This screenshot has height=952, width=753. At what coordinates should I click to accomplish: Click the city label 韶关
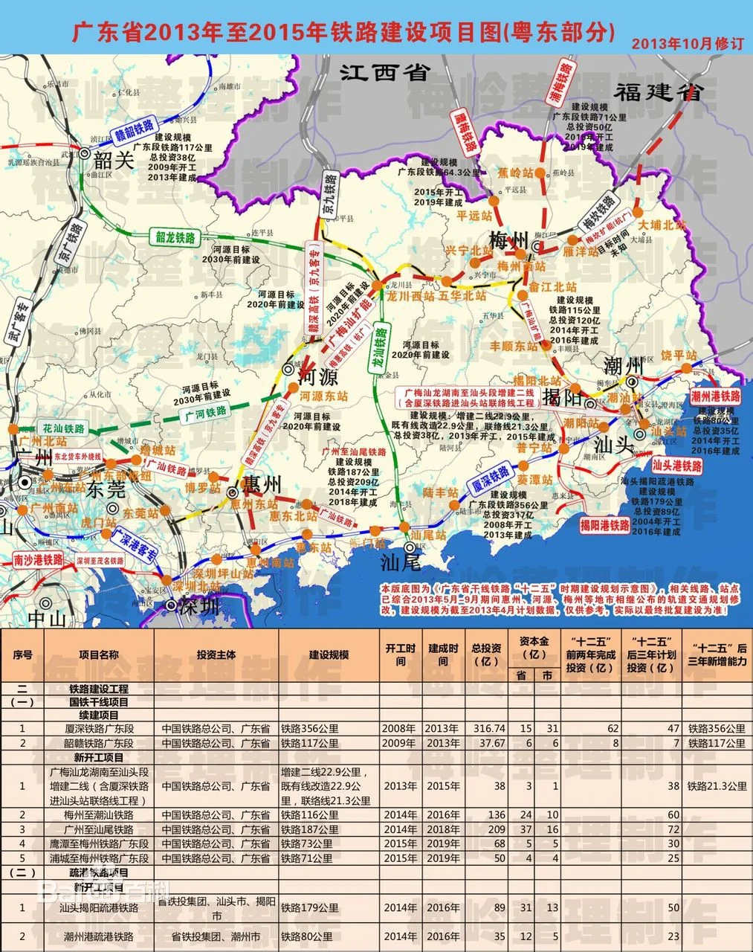tap(114, 160)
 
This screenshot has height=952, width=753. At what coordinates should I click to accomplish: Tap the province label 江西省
tap(385, 72)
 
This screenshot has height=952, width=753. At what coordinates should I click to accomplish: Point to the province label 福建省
tap(658, 92)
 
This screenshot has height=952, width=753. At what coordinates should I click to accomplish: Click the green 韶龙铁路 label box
tap(175, 237)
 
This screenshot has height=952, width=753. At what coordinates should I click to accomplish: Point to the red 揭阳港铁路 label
tap(604, 524)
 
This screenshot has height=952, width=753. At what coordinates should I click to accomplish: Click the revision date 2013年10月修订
tap(687, 44)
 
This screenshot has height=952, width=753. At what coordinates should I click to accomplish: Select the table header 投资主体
tap(216, 654)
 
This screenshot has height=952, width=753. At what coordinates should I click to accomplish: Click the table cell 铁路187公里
tap(309, 829)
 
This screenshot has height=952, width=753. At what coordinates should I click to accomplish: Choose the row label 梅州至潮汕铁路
tap(99, 815)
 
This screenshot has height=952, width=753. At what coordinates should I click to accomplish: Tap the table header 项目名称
tap(99, 654)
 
